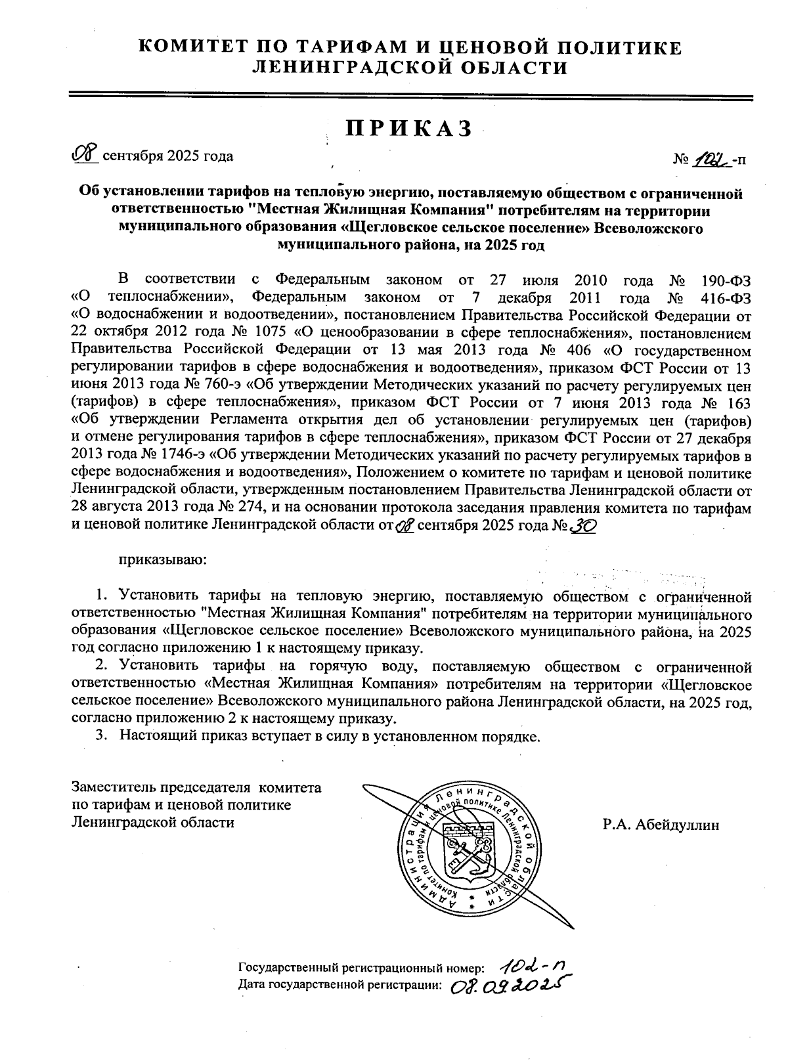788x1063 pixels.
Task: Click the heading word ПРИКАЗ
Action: pyautogui.click(x=410, y=129)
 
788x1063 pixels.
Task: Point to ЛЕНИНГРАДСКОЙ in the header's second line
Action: pyautogui.click(x=347, y=67)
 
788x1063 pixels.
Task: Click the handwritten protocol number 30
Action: pyautogui.click(x=584, y=526)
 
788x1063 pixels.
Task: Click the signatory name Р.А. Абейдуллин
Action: pyautogui.click(x=661, y=824)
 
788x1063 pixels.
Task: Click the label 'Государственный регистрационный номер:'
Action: pyautogui.click(x=362, y=968)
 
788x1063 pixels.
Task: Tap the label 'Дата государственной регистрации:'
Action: pyautogui.click(x=339, y=984)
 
